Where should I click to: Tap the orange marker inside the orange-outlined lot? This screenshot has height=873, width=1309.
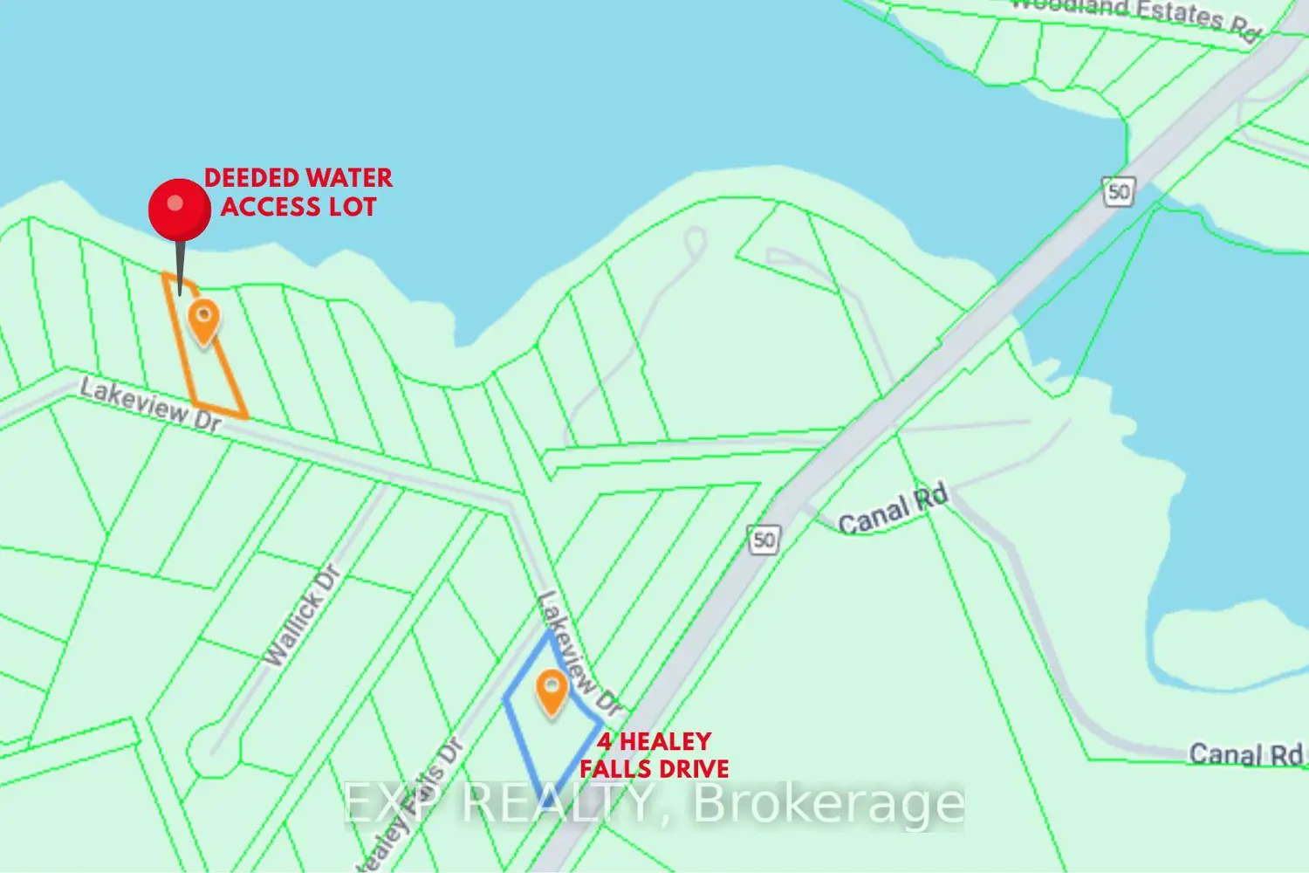click(x=203, y=320)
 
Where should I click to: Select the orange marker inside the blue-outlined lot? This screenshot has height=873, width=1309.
click(x=551, y=692)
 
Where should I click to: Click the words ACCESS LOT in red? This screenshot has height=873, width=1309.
click(x=298, y=207)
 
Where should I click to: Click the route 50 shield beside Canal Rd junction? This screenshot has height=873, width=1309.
click(x=764, y=540)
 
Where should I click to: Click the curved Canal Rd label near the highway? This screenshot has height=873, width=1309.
click(x=892, y=510)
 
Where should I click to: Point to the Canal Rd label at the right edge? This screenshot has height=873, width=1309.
click(x=1245, y=753)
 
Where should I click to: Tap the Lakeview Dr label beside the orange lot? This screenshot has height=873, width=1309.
click(x=150, y=403)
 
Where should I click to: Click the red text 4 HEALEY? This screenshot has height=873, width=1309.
click(x=654, y=742)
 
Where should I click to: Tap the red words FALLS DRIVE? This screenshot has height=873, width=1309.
click(x=654, y=769)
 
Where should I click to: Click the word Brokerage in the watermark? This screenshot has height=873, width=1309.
click(x=828, y=803)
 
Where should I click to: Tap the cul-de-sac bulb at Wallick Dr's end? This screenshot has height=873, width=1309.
click(x=208, y=750)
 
